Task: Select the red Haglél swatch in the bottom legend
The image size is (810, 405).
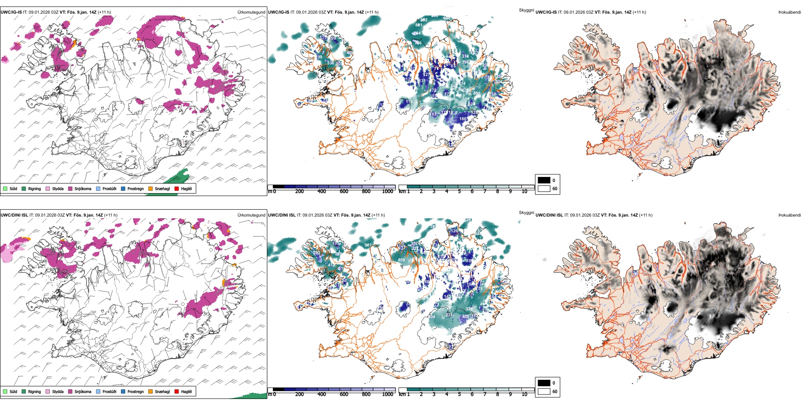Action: (176, 391)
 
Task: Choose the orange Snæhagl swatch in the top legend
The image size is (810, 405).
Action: (150, 188)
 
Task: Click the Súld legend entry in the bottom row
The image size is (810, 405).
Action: (10, 391)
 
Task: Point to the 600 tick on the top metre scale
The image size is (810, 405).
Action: (344, 191)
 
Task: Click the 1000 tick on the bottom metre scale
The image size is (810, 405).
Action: (388, 394)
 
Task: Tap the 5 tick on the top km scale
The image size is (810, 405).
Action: (459, 191)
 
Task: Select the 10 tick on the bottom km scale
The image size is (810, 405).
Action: (524, 394)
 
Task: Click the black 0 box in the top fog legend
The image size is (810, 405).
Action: (544, 180)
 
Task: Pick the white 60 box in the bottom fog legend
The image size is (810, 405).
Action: (544, 391)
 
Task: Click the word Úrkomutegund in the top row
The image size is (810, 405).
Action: (251, 12)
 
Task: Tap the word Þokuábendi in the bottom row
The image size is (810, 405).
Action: (790, 215)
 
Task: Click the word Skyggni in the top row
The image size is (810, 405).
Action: (526, 10)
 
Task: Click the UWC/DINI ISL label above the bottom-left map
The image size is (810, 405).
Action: (14, 215)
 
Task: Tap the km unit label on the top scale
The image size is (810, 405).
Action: (402, 191)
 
